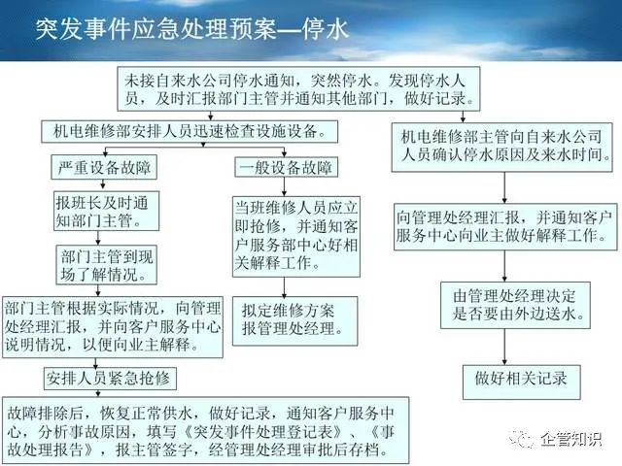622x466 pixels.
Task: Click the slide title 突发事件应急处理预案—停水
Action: click(192, 29)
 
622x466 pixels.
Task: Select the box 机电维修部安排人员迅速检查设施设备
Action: click(190, 132)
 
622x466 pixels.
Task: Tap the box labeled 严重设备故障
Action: click(104, 167)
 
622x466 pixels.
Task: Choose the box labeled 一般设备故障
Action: click(286, 167)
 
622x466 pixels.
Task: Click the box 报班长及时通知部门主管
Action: click(106, 211)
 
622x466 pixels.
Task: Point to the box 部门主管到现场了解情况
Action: click(106, 265)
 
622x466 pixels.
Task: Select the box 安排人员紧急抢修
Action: click(110, 379)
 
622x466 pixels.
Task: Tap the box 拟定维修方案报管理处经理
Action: click(294, 320)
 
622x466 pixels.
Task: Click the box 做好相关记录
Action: click(521, 382)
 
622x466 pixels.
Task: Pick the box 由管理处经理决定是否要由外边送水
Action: click(515, 305)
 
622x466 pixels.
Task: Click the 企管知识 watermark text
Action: click(571, 439)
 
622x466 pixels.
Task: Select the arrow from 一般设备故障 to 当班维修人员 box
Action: click(284, 187)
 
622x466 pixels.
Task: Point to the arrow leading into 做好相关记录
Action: click(504, 347)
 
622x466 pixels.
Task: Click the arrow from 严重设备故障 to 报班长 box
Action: click(103, 184)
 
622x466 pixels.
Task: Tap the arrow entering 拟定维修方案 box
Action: click(284, 287)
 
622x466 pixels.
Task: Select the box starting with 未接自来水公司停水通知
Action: click(298, 88)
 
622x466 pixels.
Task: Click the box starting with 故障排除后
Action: click(205, 430)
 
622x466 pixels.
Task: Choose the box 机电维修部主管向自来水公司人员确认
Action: click(501, 147)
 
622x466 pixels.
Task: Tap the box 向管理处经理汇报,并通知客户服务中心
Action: click(505, 226)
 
